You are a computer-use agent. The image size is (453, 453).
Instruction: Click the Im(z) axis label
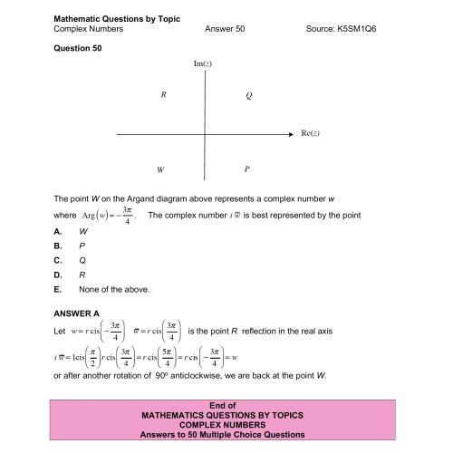pyautogui.click(x=204, y=64)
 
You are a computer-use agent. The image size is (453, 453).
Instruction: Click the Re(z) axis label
pyautogui.click(x=312, y=133)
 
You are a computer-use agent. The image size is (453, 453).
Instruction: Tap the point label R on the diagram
pyautogui.click(x=162, y=95)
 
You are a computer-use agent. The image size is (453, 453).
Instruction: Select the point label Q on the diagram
pyautogui.click(x=248, y=95)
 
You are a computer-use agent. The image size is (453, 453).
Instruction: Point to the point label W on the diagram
pyautogui.click(x=160, y=169)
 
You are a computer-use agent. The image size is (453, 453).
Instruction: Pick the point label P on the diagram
pyautogui.click(x=247, y=169)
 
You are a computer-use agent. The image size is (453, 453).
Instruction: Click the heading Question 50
pyautogui.click(x=78, y=49)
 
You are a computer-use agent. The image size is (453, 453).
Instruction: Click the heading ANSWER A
pyautogui.click(x=77, y=313)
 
